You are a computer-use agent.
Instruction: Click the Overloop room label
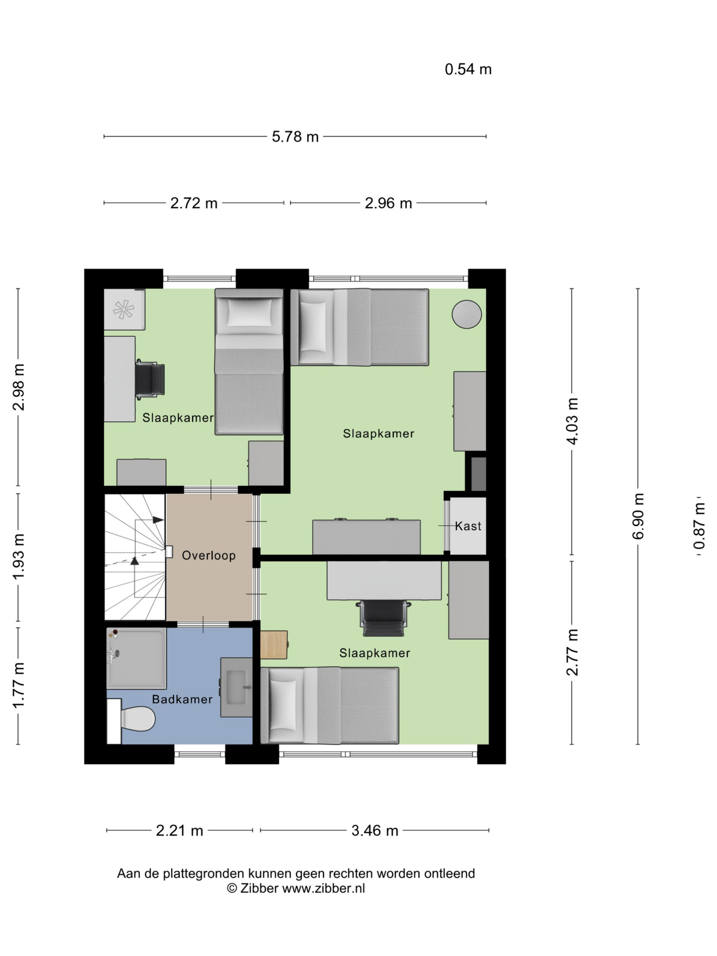click(x=209, y=555)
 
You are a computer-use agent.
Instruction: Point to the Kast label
click(x=468, y=526)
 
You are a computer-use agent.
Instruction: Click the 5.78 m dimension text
click(x=295, y=137)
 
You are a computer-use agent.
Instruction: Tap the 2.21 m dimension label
click(x=179, y=830)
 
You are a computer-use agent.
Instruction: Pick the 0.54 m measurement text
click(x=468, y=69)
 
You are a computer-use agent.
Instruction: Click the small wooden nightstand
click(x=274, y=645)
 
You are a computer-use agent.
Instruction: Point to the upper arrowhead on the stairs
click(x=158, y=520)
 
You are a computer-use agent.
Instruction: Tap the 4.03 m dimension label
click(x=572, y=421)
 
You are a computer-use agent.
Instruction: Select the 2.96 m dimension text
click(x=388, y=203)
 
